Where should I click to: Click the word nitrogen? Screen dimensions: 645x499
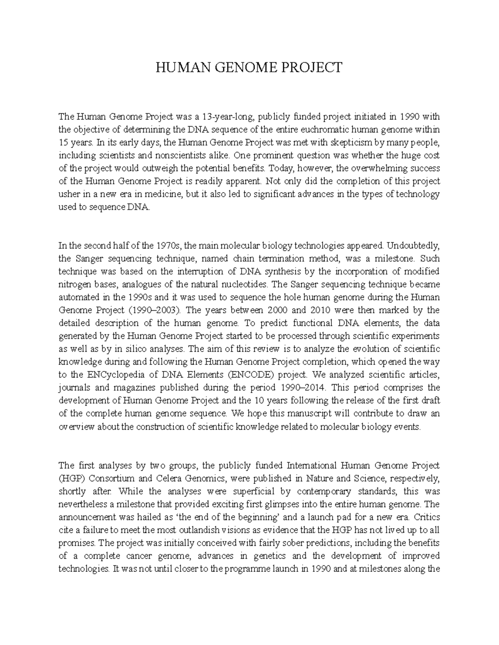pyautogui.click(x=73, y=284)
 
